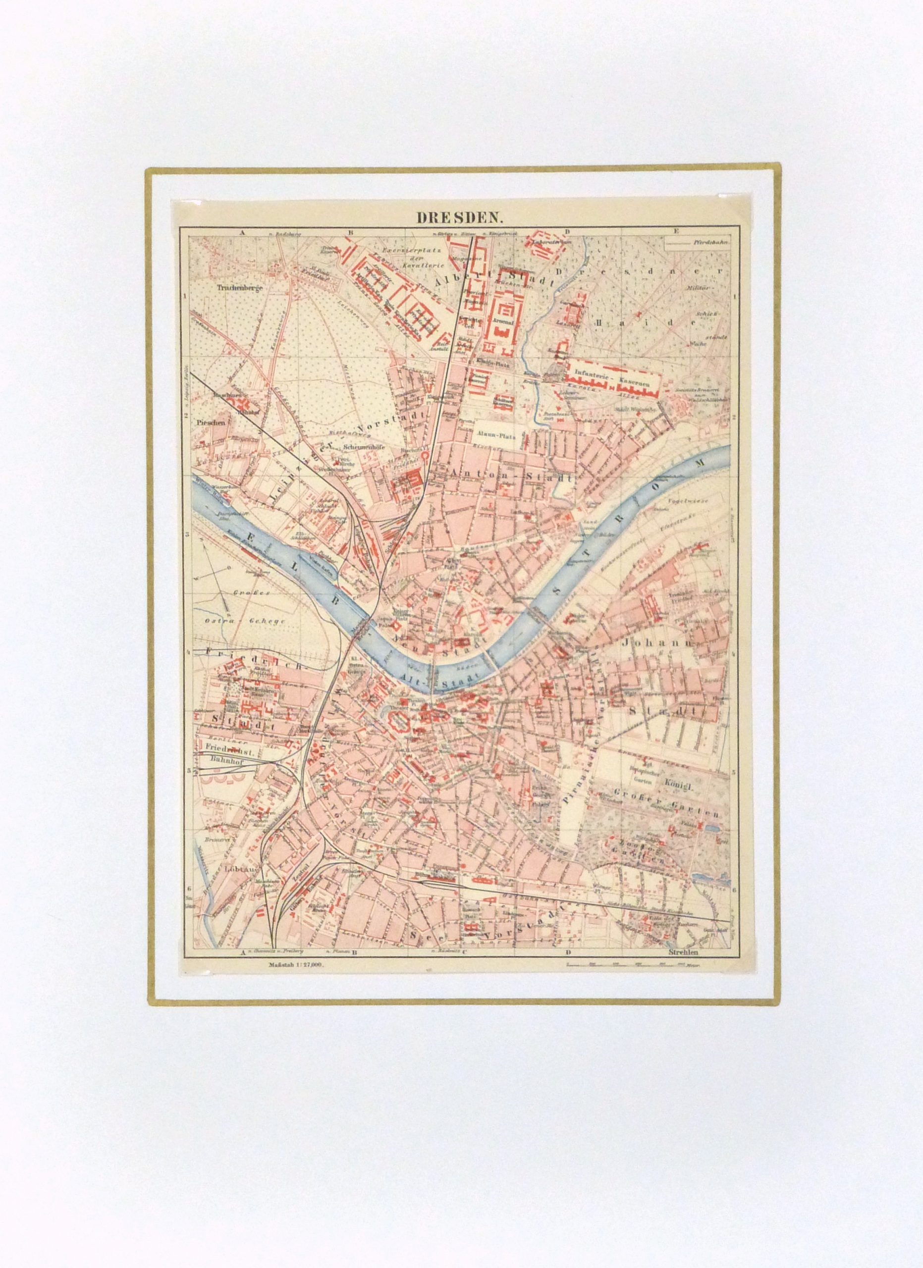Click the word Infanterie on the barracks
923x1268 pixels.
click(x=591, y=379)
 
